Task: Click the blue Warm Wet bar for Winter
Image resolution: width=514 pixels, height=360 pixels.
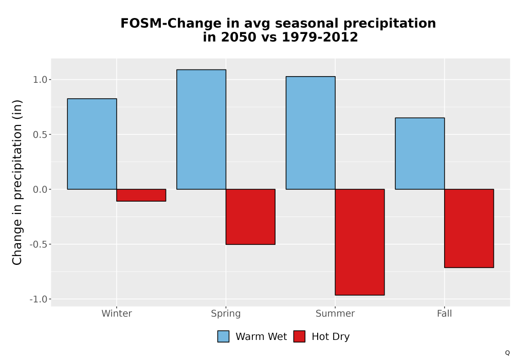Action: click(92, 144)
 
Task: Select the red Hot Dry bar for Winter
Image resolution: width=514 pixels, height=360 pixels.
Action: click(141, 195)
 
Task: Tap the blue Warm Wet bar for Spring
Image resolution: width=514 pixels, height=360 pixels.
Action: click(201, 130)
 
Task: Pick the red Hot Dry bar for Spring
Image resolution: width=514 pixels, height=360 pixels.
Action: click(250, 217)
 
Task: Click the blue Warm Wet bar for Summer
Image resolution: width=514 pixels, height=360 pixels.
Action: click(310, 133)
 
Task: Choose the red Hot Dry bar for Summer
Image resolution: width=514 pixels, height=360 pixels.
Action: click(360, 242)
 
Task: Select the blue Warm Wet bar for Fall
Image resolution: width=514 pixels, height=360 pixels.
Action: click(420, 153)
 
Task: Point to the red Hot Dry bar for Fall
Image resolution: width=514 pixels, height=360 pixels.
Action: click(469, 228)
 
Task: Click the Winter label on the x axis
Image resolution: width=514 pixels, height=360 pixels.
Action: click(117, 313)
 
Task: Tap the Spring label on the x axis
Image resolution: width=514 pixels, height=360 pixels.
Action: click(226, 314)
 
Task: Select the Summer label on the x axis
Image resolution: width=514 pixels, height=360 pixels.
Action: click(335, 313)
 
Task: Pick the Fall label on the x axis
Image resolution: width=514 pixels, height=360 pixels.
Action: click(445, 313)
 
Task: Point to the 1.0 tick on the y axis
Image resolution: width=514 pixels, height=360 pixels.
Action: click(40, 80)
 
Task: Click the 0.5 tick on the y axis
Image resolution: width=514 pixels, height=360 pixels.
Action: click(40, 134)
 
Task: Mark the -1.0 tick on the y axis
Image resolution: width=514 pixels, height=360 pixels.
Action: click(39, 299)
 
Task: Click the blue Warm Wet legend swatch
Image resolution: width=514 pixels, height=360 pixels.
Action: click(223, 336)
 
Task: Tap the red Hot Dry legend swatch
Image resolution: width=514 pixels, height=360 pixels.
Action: click(299, 336)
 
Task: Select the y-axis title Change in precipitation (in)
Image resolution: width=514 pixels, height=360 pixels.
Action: click(17, 182)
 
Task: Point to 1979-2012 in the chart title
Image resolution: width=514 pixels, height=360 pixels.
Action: click(320, 37)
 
